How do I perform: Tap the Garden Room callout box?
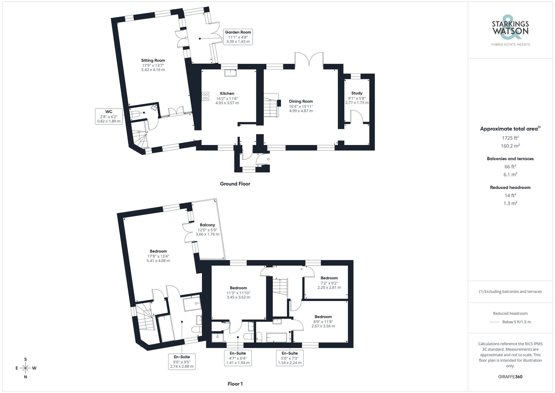238,37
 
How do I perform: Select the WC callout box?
109,116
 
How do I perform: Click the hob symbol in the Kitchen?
205,96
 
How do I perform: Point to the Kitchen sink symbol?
231,73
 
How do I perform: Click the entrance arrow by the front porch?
269,159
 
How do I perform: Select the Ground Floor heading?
235,184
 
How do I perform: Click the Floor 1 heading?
235,384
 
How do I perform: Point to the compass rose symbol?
26,368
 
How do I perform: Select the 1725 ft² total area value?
510,138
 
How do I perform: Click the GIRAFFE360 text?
510,377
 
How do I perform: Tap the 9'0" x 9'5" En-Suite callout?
182,362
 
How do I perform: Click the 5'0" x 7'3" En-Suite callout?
290,358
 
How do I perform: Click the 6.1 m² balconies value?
510,174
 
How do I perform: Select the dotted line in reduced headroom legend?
495,322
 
